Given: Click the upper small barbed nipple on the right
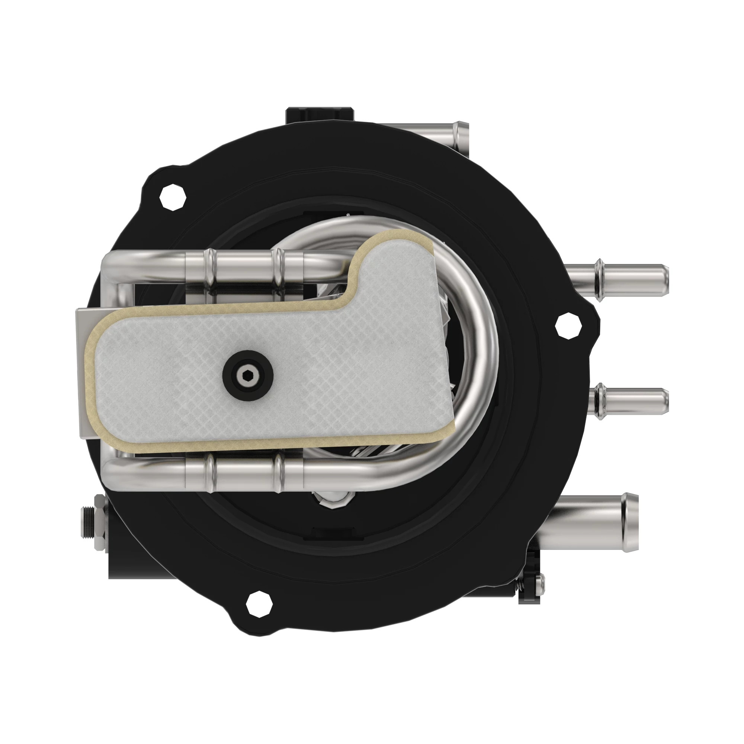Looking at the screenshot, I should pos(632,280).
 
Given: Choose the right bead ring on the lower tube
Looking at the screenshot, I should pos(278,471).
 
